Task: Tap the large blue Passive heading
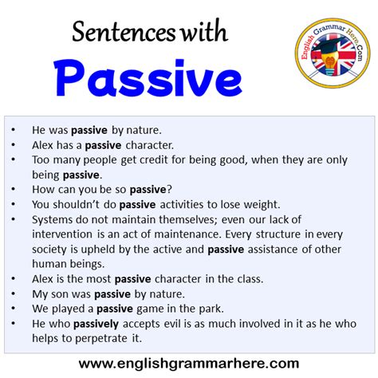149,78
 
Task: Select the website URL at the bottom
189,363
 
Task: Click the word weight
262,204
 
